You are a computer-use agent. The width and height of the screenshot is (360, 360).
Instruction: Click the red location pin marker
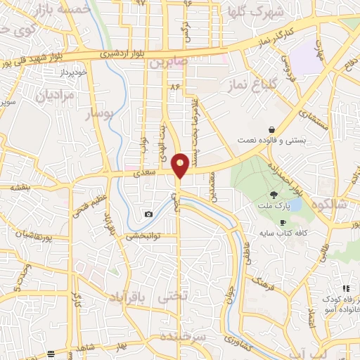pos(180,165)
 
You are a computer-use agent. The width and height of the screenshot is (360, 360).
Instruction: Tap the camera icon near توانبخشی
pos(148,214)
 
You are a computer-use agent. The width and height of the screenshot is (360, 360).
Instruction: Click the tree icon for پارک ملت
pos(273,195)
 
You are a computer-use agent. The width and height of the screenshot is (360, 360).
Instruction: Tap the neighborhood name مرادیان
pos(55,96)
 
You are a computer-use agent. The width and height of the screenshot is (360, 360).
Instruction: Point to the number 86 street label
pos(175,86)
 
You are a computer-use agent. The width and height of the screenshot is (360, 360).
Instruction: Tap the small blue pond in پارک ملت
pos(295,205)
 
